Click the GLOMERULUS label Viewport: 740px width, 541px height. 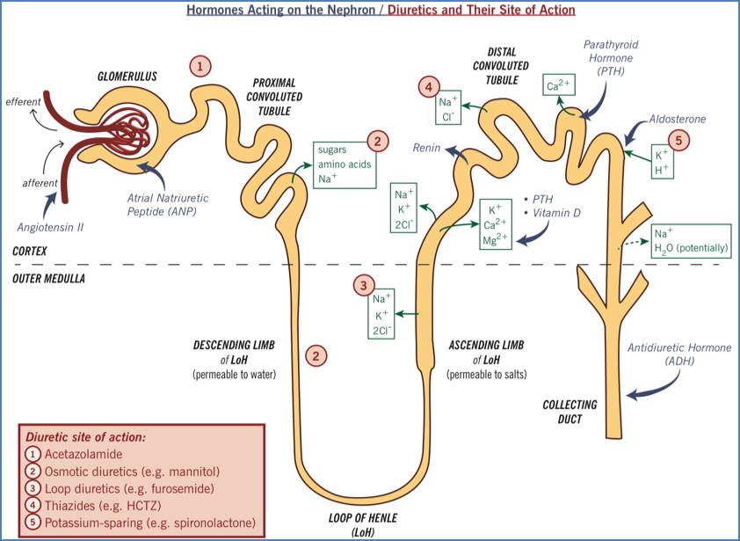pyautogui.click(x=127, y=77)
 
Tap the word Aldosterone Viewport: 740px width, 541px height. pyautogui.click(x=677, y=119)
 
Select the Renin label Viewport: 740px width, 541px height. pyautogui.click(x=427, y=149)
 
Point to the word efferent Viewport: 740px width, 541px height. pyautogui.click(x=23, y=102)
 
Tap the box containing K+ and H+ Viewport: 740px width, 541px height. pyautogui.click(x=661, y=163)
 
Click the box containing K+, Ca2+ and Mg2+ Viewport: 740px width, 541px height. pyautogui.click(x=496, y=223)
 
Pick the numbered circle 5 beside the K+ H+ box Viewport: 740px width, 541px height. pyautogui.click(x=678, y=139)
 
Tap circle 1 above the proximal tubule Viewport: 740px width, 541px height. pyautogui.click(x=201, y=65)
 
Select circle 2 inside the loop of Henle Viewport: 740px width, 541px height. pyautogui.click(x=316, y=355)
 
